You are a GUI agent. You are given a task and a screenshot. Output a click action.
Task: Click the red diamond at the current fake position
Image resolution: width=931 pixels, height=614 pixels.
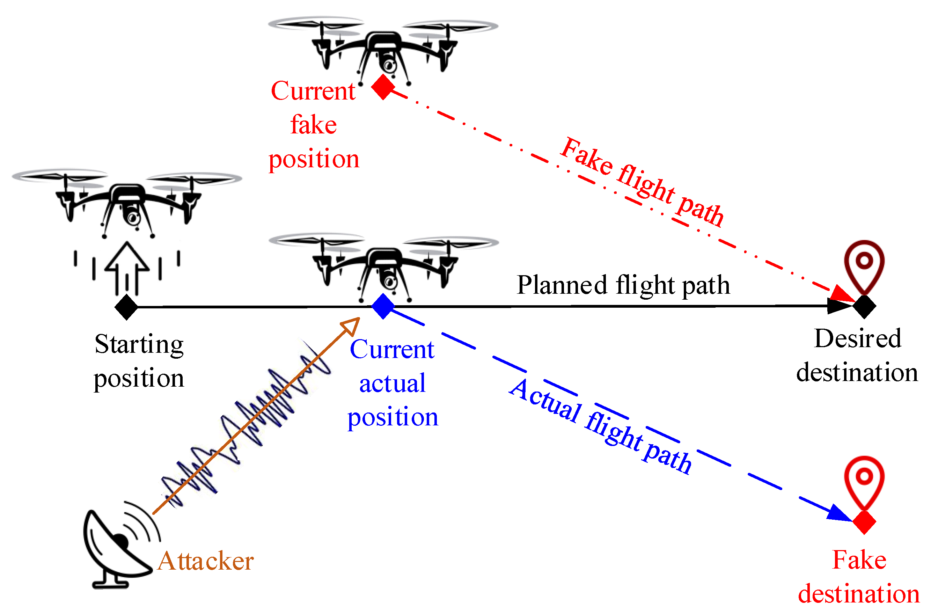click(382, 87)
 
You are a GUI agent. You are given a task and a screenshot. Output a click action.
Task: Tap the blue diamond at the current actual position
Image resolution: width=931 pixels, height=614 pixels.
click(382, 307)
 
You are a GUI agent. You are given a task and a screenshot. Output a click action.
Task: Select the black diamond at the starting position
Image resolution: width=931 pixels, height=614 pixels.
click(126, 307)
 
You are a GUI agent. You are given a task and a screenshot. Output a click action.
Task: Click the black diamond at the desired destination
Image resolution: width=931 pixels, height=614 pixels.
click(864, 307)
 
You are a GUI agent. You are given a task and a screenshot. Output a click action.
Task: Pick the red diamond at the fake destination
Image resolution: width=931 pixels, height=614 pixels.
click(864, 522)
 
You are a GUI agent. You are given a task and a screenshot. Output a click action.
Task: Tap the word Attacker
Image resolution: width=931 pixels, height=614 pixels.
click(206, 561)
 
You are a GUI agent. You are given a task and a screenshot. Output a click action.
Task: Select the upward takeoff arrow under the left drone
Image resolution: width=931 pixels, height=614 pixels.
click(127, 266)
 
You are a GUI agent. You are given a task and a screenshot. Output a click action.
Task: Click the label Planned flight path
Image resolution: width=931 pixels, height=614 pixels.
click(623, 285)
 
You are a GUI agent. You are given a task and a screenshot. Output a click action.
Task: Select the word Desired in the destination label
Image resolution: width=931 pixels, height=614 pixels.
click(857, 339)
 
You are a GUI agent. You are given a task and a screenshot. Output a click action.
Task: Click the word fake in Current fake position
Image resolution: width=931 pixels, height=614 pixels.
click(313, 125)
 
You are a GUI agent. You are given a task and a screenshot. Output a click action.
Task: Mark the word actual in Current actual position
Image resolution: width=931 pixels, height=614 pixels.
click(392, 383)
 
